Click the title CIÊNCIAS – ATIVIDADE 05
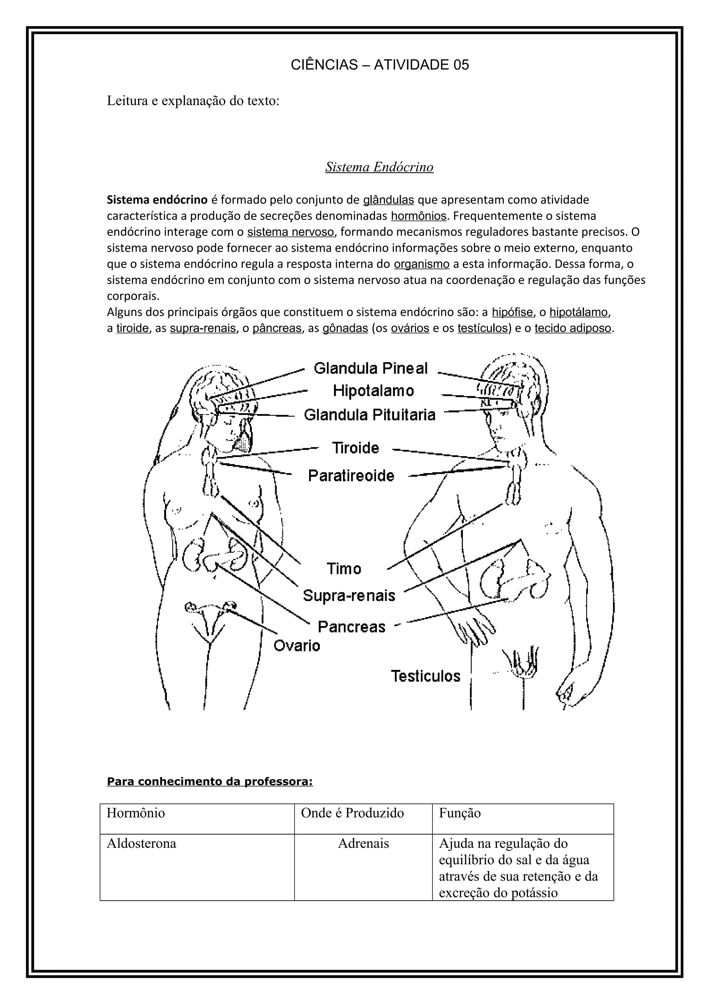pos(380,65)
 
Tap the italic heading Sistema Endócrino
pos(379,167)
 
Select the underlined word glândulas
pos(388,200)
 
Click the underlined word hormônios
pos(419,216)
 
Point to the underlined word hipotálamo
pos(578,312)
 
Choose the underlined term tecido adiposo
pos(573,328)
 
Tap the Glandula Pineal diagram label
pos(370,369)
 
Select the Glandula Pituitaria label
pos(370,415)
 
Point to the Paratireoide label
pos(351,475)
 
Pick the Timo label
pos(344,569)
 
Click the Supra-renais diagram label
pos(349,595)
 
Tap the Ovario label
pos(297,645)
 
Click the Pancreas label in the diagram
pos(352,627)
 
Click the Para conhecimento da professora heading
pos(210,782)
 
